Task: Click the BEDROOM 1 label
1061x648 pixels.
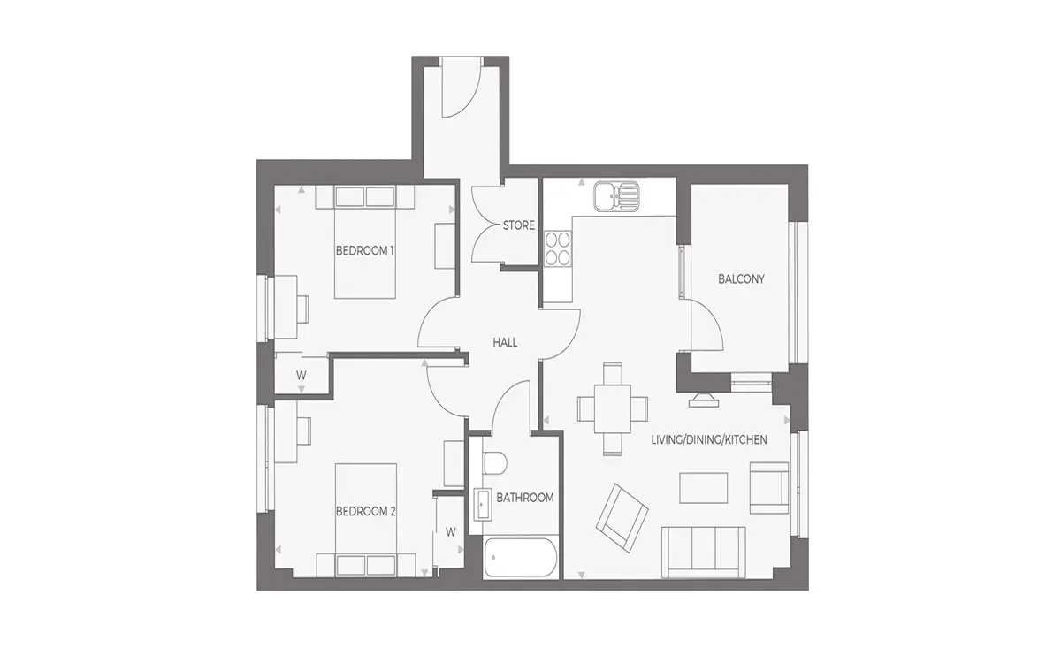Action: [364, 250]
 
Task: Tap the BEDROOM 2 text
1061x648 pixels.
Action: [366, 512]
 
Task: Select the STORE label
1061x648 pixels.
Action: [519, 225]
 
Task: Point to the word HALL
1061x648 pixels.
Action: [505, 342]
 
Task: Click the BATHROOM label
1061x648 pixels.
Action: [525, 498]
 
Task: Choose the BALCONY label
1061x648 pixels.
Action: [741, 279]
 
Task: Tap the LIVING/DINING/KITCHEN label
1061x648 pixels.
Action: [709, 440]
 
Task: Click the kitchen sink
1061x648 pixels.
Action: [617, 196]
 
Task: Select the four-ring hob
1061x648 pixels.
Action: [558, 248]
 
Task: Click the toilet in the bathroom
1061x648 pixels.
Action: [494, 462]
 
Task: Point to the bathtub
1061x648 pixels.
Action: [521, 557]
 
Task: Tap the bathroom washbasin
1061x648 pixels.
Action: [483, 505]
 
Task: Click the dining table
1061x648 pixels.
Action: [613, 408]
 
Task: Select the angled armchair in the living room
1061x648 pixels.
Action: [622, 518]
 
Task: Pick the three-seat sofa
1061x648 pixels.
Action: [704, 553]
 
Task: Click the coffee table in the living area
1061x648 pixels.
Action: [704, 487]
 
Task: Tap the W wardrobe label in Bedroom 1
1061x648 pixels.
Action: [302, 376]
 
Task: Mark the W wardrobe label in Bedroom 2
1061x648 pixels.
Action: [450, 532]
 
